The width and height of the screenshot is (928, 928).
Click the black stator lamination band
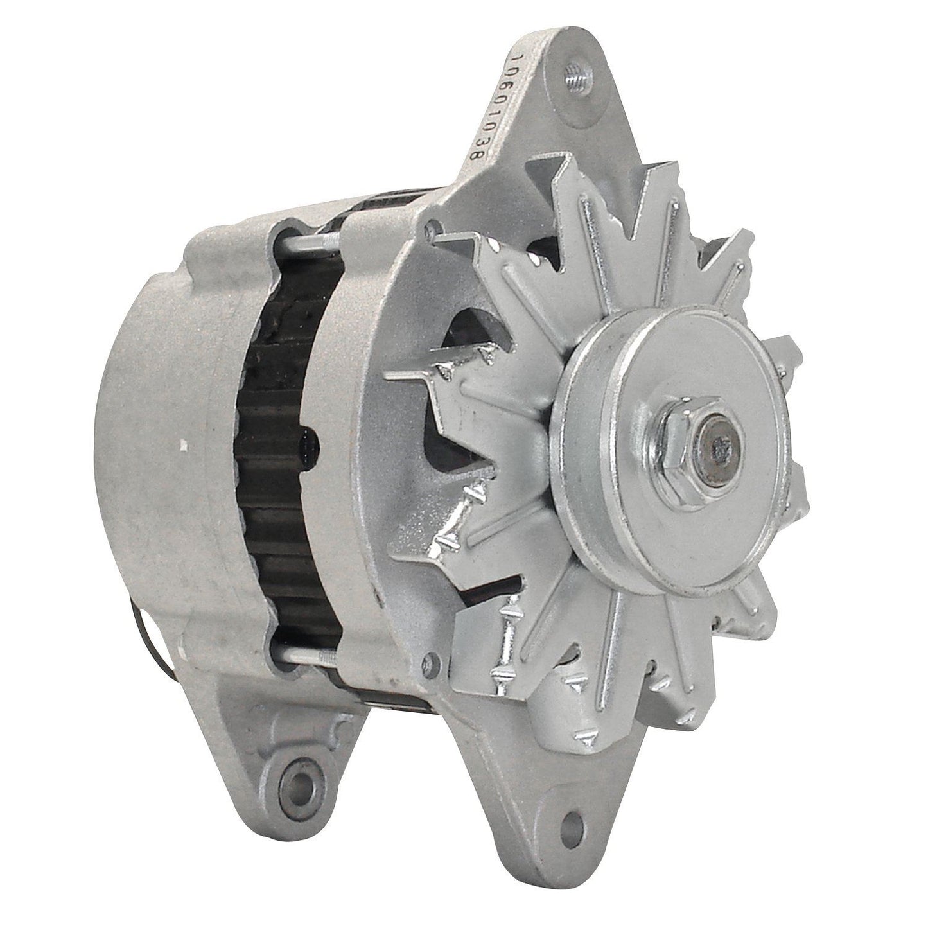click(289, 450)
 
